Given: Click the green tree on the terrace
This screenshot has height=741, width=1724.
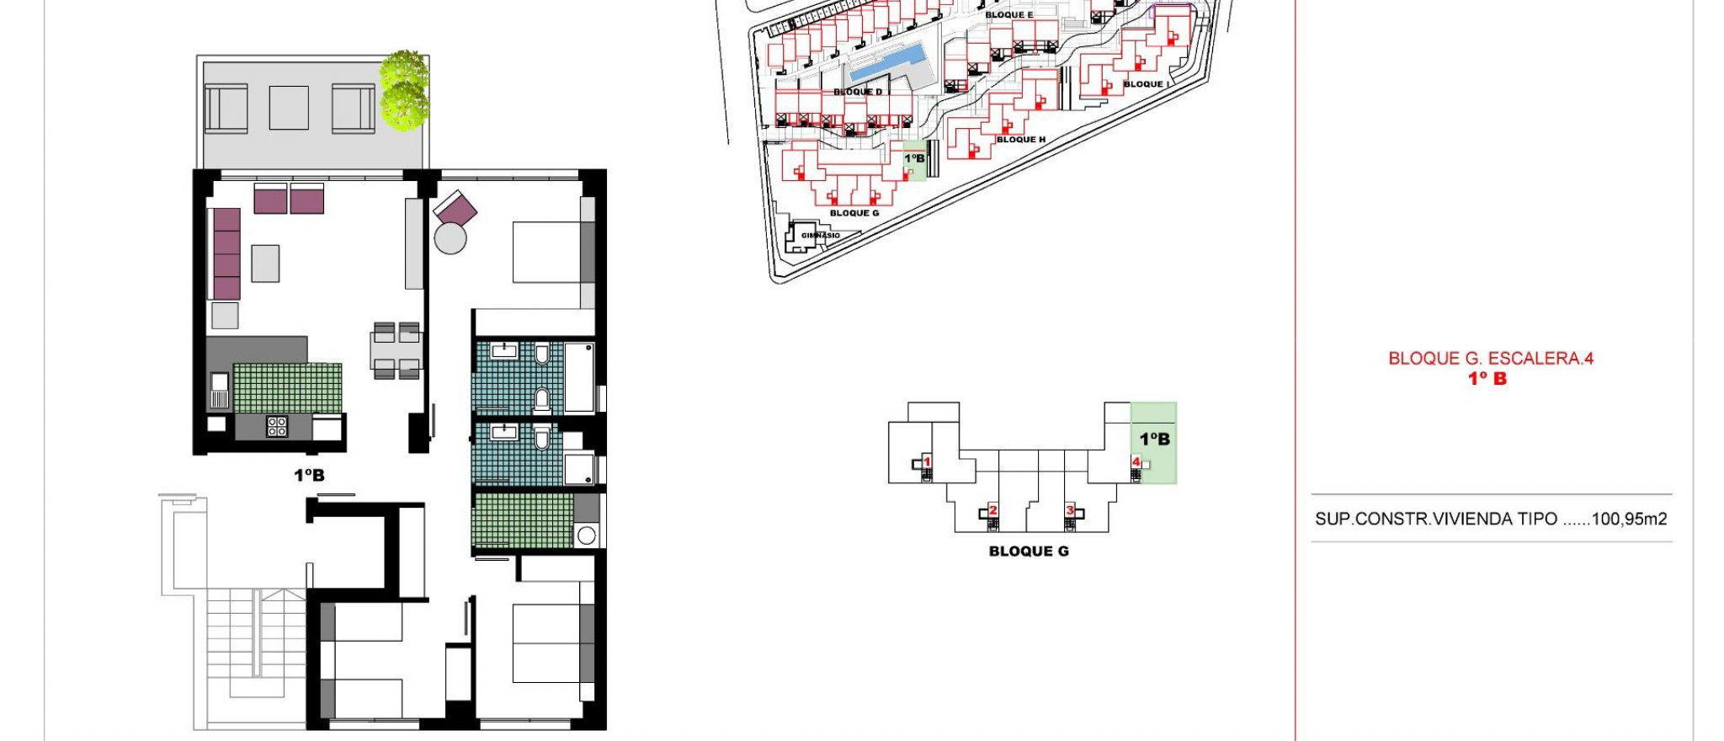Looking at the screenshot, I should pyautogui.click(x=404, y=90).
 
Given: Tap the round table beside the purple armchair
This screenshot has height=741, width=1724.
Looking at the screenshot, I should pyautogui.click(x=450, y=238).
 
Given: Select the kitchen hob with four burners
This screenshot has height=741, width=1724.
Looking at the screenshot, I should pyautogui.click(x=277, y=426).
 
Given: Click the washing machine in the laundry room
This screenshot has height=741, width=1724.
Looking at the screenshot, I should pyautogui.click(x=587, y=535).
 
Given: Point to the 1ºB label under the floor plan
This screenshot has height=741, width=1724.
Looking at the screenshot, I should pyautogui.click(x=309, y=476).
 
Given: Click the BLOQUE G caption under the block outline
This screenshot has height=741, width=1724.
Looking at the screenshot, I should pyautogui.click(x=1029, y=552).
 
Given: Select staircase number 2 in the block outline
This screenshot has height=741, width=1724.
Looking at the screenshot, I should pyautogui.click(x=992, y=511).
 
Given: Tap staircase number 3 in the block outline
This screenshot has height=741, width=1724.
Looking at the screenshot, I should pyautogui.click(x=1070, y=511).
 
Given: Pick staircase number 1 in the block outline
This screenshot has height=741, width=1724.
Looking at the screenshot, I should pyautogui.click(x=927, y=462).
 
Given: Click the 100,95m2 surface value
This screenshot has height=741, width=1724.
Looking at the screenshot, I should pyautogui.click(x=1629, y=520).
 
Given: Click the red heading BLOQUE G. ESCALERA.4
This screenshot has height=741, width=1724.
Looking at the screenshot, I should pyautogui.click(x=1491, y=359).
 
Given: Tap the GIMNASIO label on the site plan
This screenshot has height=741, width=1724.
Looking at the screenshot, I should pyautogui.click(x=820, y=236).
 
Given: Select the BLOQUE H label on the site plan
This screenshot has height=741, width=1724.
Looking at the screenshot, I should pyautogui.click(x=1021, y=140).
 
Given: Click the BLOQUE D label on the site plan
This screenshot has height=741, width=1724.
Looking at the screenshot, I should pyautogui.click(x=858, y=92).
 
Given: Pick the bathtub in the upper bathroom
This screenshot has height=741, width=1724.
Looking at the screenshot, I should pyautogui.click(x=579, y=377).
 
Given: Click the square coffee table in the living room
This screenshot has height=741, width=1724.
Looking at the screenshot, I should pyautogui.click(x=265, y=264).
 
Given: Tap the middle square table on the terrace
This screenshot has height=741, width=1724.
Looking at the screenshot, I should pyautogui.click(x=289, y=108).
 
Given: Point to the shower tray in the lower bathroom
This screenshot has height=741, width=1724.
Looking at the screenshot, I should pyautogui.click(x=579, y=469).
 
